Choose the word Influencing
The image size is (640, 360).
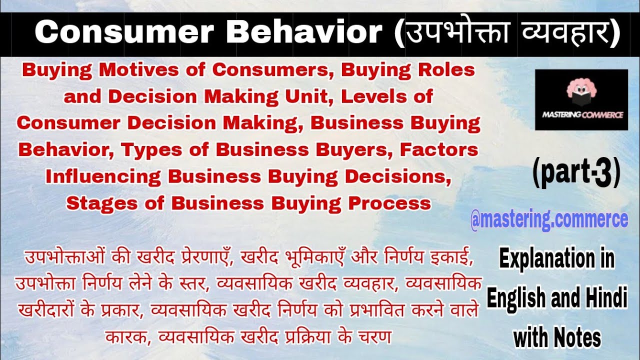pyautogui.click(x=103, y=176)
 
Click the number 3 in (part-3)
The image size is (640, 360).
pyautogui.click(x=604, y=174)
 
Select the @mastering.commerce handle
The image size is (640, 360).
pyautogui.click(x=549, y=219)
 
